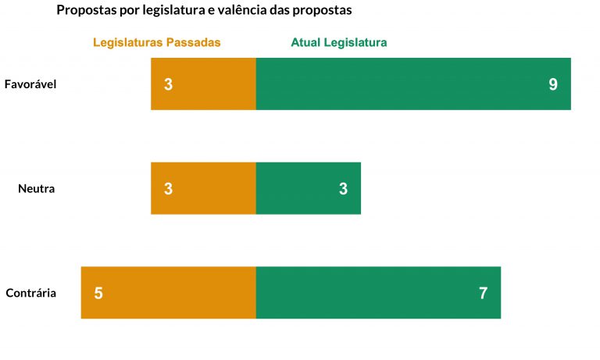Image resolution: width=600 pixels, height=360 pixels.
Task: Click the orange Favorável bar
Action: click(x=203, y=84)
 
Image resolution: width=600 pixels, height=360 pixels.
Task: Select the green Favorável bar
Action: click(x=413, y=84)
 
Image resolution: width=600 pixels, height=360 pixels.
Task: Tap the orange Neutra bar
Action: click(x=203, y=188)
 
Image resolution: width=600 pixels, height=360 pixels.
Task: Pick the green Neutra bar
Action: click(x=309, y=188)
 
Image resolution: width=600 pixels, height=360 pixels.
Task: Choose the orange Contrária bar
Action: click(x=168, y=293)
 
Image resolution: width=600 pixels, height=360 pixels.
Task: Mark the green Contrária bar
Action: click(x=378, y=293)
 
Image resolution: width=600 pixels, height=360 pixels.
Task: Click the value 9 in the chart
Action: click(x=553, y=84)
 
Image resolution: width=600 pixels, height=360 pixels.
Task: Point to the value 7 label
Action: click(x=483, y=294)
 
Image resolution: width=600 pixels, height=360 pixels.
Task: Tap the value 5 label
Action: click(x=98, y=294)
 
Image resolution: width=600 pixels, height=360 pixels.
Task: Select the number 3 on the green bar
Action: click(x=343, y=189)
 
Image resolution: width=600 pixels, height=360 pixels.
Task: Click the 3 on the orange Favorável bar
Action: click(x=168, y=84)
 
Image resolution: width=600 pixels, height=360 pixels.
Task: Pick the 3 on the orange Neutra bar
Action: click(x=168, y=189)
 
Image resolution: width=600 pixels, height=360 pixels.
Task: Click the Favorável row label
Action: click(x=30, y=84)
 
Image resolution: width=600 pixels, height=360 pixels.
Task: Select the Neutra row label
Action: click(x=37, y=188)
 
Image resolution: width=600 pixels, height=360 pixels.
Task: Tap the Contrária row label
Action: click(x=30, y=293)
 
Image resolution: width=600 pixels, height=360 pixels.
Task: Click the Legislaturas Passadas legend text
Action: click(x=156, y=42)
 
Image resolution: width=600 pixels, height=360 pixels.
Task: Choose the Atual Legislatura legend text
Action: click(x=339, y=42)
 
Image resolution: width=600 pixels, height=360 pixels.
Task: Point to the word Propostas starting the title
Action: click(x=86, y=11)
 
